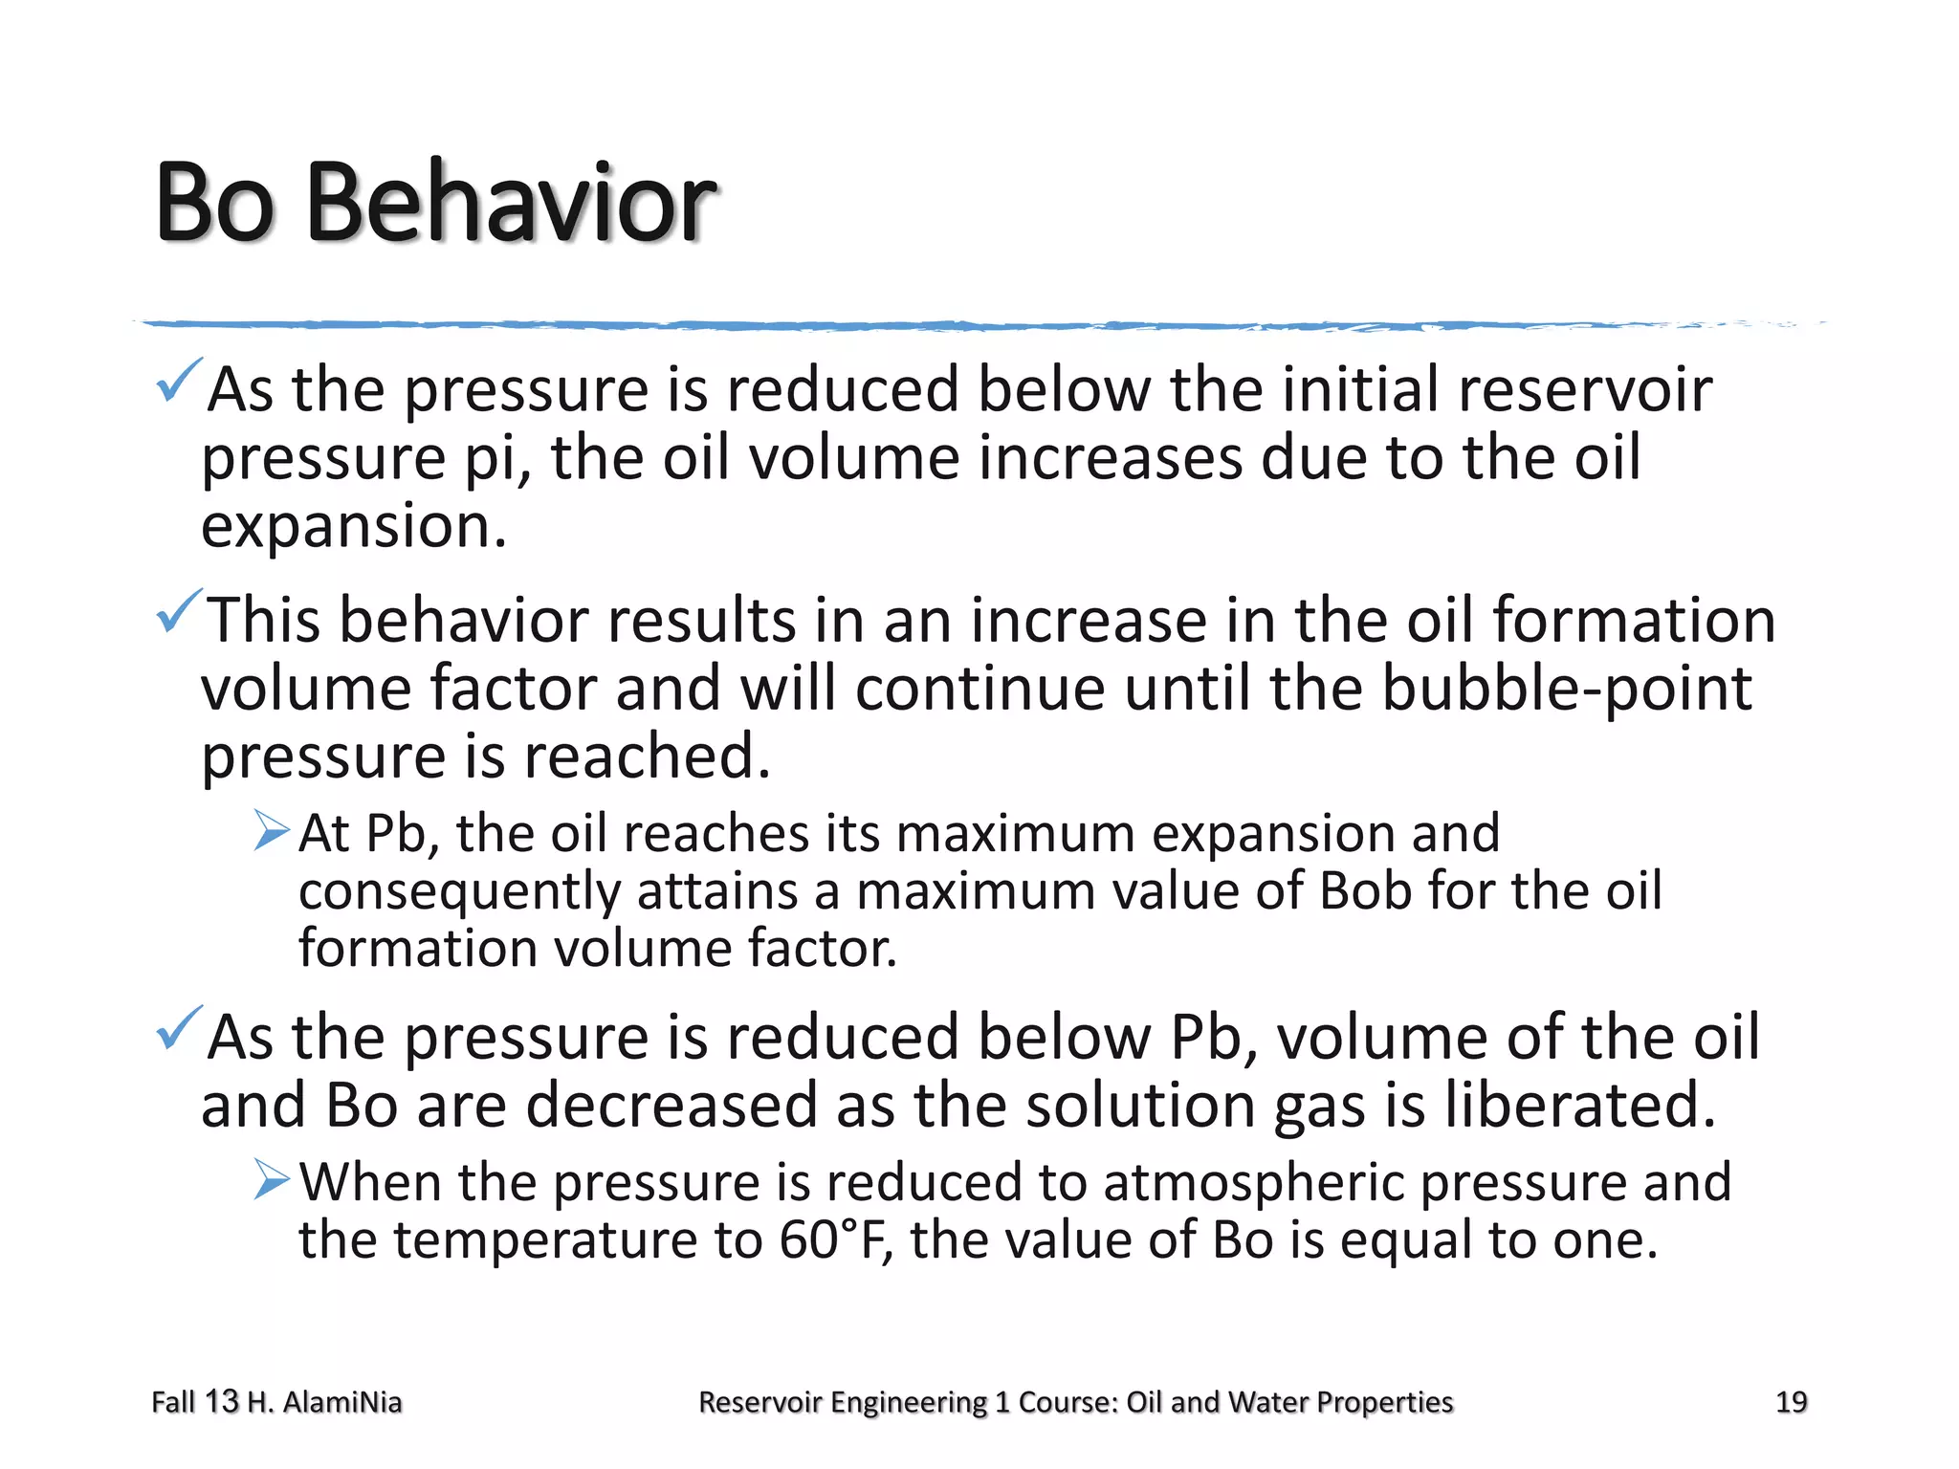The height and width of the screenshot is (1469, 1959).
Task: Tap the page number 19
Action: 1791,1402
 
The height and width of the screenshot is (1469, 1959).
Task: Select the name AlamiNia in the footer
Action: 342,1402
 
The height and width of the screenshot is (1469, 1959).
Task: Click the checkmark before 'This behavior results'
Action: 178,612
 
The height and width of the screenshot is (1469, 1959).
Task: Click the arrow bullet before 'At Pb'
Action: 272,830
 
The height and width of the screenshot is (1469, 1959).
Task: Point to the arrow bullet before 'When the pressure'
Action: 272,1179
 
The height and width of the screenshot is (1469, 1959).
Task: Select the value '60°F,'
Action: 836,1240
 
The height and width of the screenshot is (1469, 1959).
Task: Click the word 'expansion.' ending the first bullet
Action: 353,527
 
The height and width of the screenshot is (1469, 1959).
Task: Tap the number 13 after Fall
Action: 221,1402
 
